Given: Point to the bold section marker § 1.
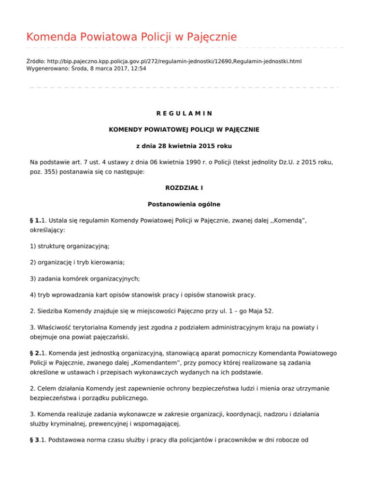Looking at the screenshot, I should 35,220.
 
